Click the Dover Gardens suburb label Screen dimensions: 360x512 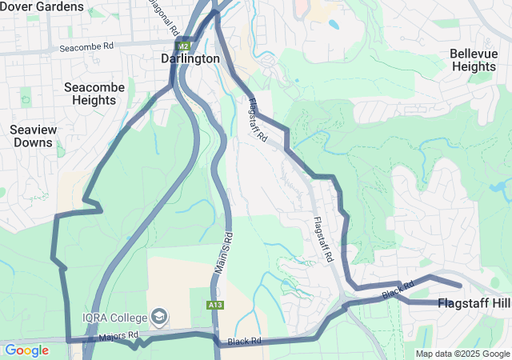[x=42, y=6]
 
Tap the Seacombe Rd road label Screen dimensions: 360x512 [x=87, y=48]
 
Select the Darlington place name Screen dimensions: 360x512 [x=190, y=59]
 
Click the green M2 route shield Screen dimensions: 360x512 [x=184, y=46]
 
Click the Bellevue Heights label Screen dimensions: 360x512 [x=474, y=60]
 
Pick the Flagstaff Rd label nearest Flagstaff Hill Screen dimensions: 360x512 [x=323, y=240]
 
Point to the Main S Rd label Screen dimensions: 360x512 [x=223, y=255]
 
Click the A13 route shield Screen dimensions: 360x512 [x=214, y=305]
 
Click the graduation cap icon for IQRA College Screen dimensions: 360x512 [x=161, y=317]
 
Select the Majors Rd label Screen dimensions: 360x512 [x=118, y=335]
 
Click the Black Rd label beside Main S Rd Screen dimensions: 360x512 [x=244, y=342]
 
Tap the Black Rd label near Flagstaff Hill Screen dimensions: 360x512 [x=397, y=290]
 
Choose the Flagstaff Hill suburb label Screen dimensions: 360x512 [x=474, y=303]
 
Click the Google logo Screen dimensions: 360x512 [x=26, y=350]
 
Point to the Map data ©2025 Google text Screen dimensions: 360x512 [x=462, y=354]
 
